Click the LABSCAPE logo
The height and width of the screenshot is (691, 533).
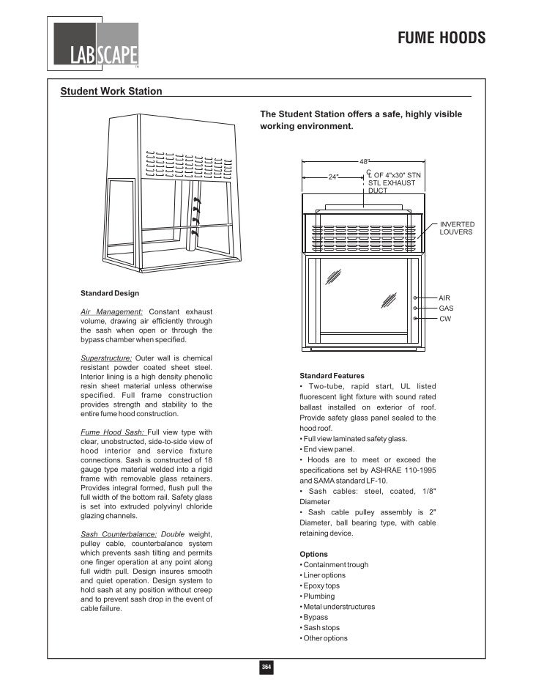tap(94, 45)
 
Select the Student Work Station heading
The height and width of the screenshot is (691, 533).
tap(111, 92)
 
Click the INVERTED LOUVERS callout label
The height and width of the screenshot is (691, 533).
tap(457, 228)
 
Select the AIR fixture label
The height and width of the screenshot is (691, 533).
tap(444, 298)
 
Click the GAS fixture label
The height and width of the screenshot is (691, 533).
tap(446, 308)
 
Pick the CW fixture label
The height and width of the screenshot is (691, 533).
tap(444, 319)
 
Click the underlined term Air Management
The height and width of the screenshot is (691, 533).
tap(111, 313)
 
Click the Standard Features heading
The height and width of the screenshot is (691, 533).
tap(332, 375)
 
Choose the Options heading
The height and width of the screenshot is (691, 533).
tap(313, 554)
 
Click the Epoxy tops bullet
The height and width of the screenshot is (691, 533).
tap(322, 585)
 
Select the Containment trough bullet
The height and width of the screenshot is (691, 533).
tap(334, 565)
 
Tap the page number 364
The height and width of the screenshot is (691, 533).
tap(266, 666)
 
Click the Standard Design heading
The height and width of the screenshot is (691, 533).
tap(110, 293)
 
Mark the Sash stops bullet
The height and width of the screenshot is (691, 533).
tap(320, 628)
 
